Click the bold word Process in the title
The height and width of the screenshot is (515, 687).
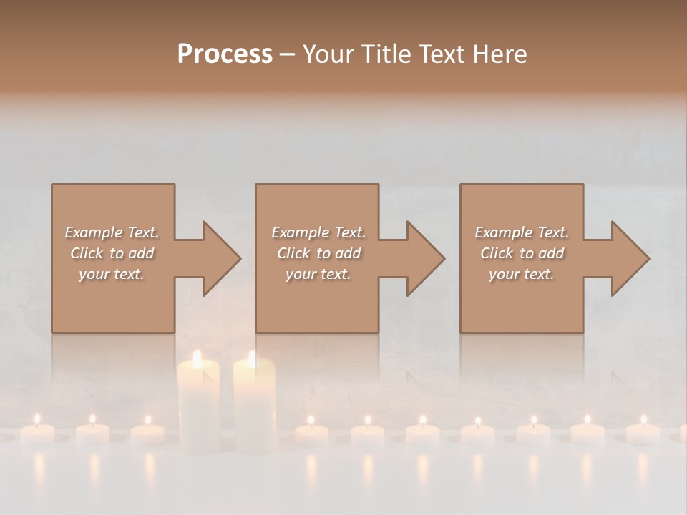225,54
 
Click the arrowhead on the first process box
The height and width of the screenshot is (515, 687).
218,258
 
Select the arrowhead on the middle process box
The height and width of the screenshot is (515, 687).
423,258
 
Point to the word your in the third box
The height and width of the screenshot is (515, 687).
503,274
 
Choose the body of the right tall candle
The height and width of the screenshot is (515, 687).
254,408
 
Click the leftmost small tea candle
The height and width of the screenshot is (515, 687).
37,432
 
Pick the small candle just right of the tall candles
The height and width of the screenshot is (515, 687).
311,433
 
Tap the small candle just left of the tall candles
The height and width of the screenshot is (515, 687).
148,433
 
